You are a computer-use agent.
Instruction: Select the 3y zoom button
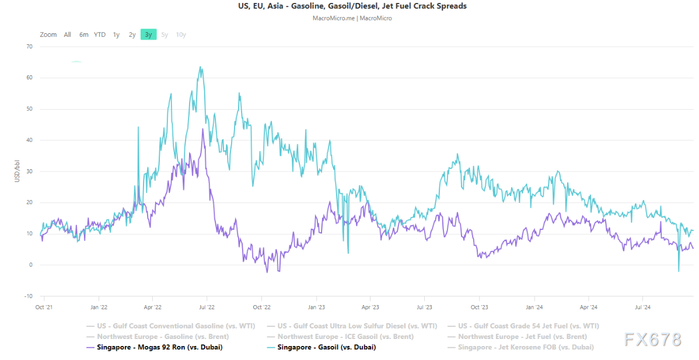(x=148, y=34)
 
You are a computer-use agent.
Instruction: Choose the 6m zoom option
(x=84, y=34)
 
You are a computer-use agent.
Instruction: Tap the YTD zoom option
(x=100, y=34)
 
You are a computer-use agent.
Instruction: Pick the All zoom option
(x=68, y=34)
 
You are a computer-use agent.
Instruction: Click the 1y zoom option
(x=116, y=34)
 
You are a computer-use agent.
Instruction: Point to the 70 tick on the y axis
(x=29, y=46)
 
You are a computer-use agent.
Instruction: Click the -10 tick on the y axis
(x=29, y=296)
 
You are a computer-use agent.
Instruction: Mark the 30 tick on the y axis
(x=29, y=171)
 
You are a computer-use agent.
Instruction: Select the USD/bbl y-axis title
(x=18, y=171)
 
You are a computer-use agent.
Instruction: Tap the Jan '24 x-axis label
(x=534, y=306)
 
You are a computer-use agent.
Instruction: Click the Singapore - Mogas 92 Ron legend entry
(x=159, y=347)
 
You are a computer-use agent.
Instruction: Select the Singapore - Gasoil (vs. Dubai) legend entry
(x=326, y=347)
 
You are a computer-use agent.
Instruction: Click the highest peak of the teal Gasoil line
(x=200, y=67)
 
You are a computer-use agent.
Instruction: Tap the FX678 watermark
(x=652, y=340)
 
